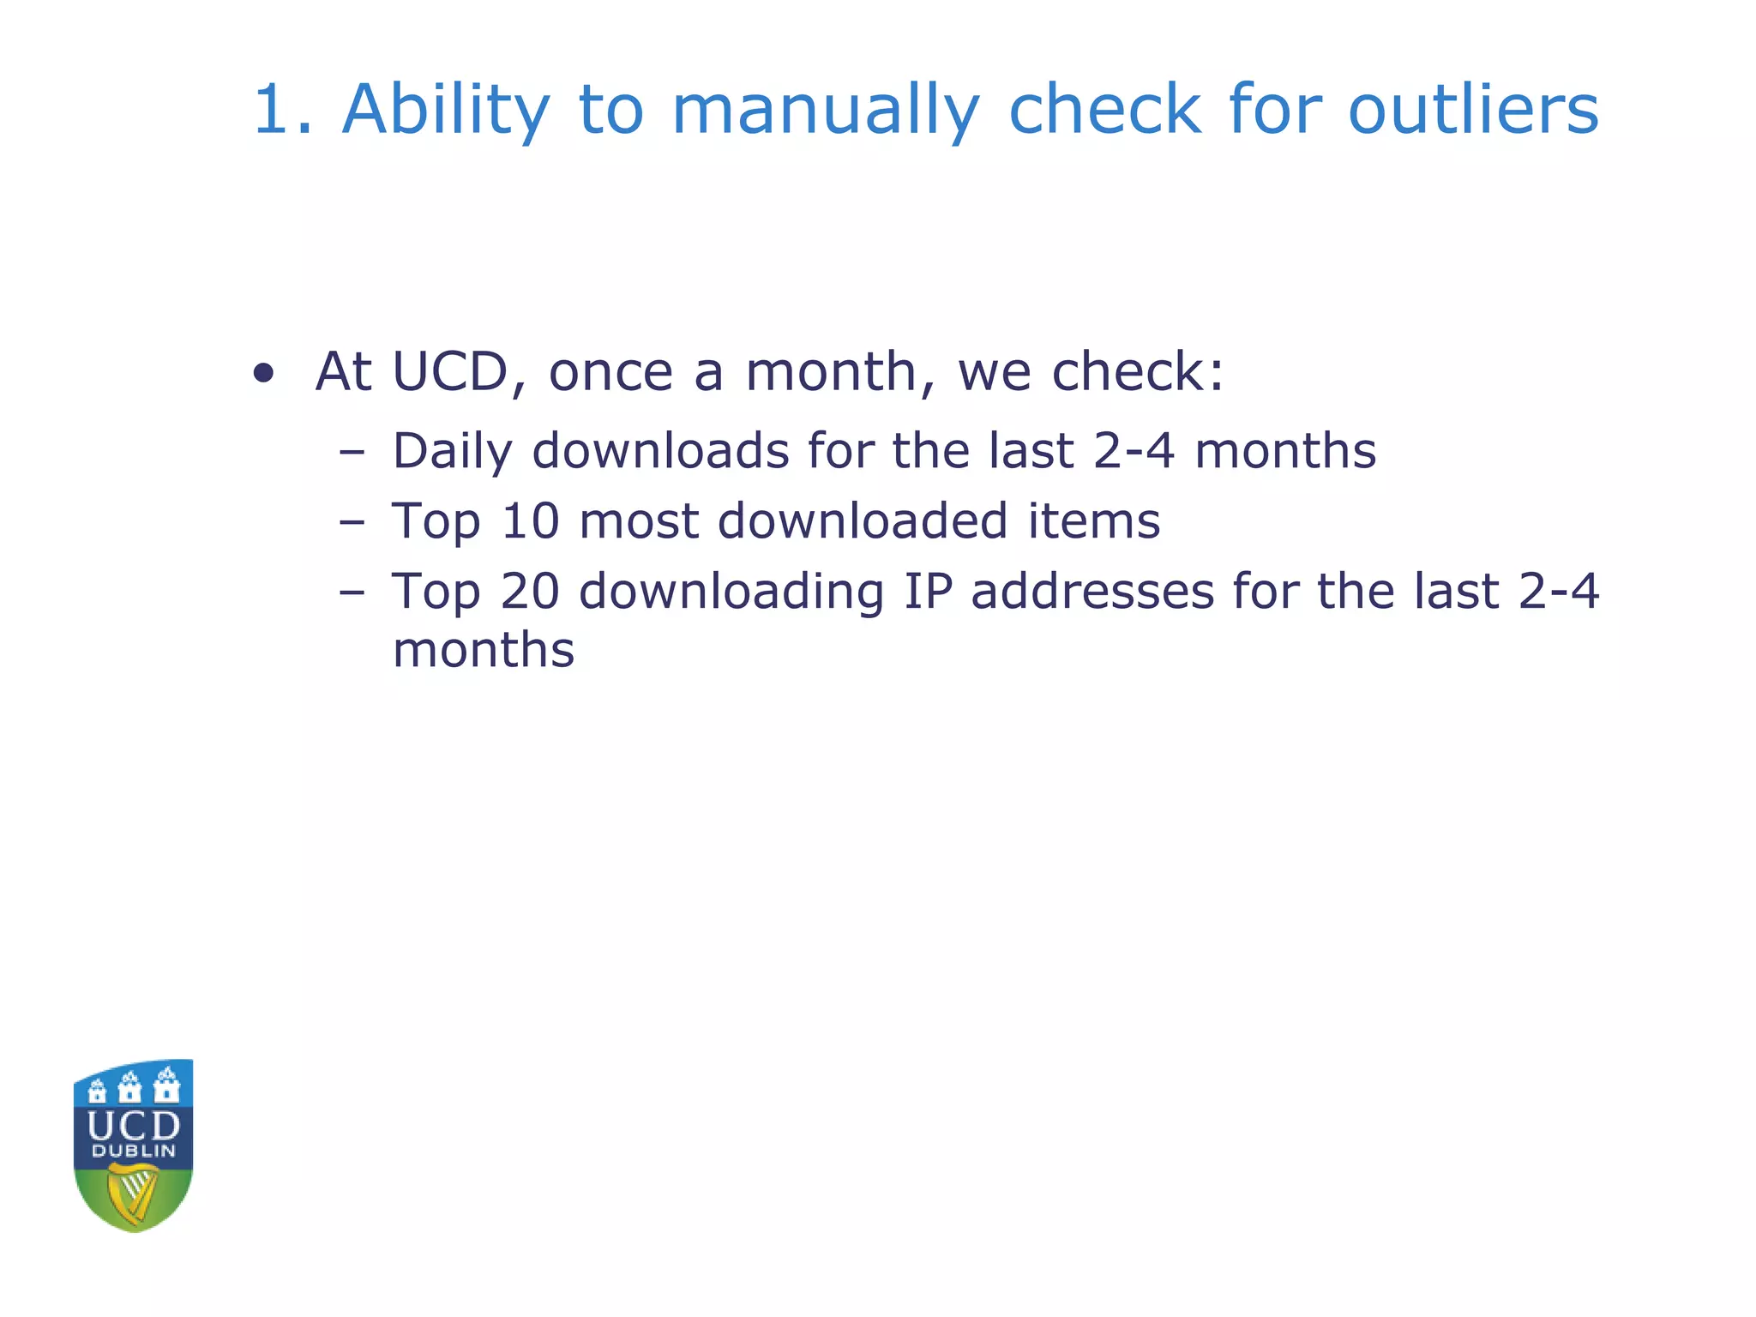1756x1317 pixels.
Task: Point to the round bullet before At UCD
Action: click(264, 373)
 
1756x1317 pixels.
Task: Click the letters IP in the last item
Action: click(928, 591)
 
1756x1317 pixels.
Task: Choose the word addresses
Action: click(1092, 591)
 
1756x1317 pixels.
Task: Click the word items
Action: click(1094, 520)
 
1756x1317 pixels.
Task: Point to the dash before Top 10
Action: click(352, 521)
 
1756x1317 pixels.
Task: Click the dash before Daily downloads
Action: click(352, 451)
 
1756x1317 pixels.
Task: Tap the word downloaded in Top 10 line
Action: click(862, 520)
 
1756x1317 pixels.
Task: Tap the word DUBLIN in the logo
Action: click(133, 1151)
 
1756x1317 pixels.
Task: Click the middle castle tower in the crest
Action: click(130, 1087)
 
